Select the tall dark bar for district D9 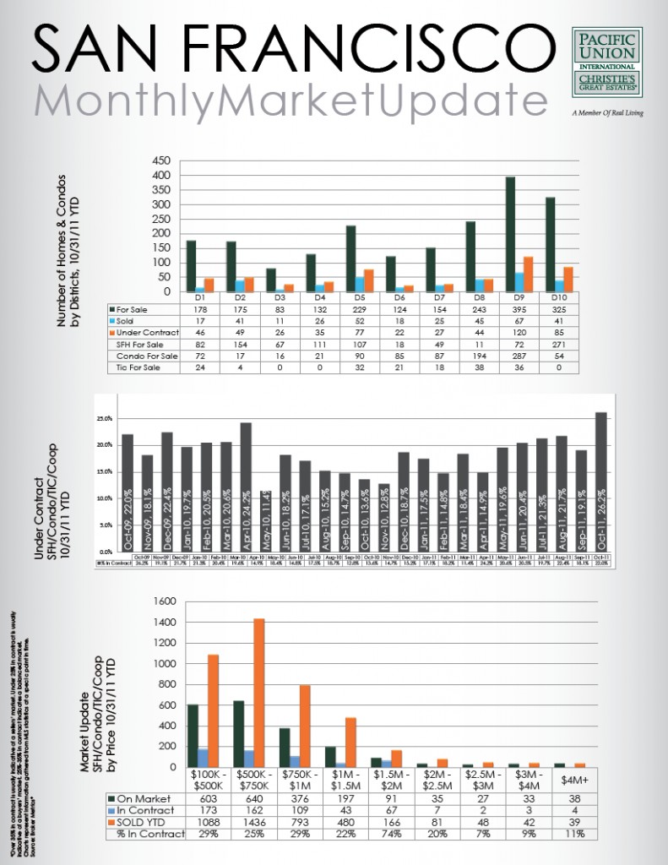tap(510, 234)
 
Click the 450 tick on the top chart tap(161, 160)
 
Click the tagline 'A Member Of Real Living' tap(606, 112)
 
